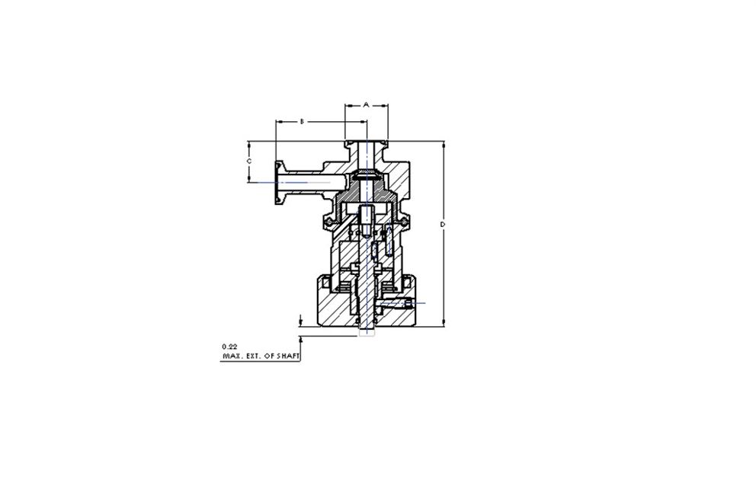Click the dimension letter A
[x=366, y=104]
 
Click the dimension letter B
[x=303, y=121]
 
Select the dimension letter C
[x=248, y=161]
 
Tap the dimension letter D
[x=443, y=225]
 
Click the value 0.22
[x=229, y=347]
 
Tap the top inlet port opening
[x=367, y=142]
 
